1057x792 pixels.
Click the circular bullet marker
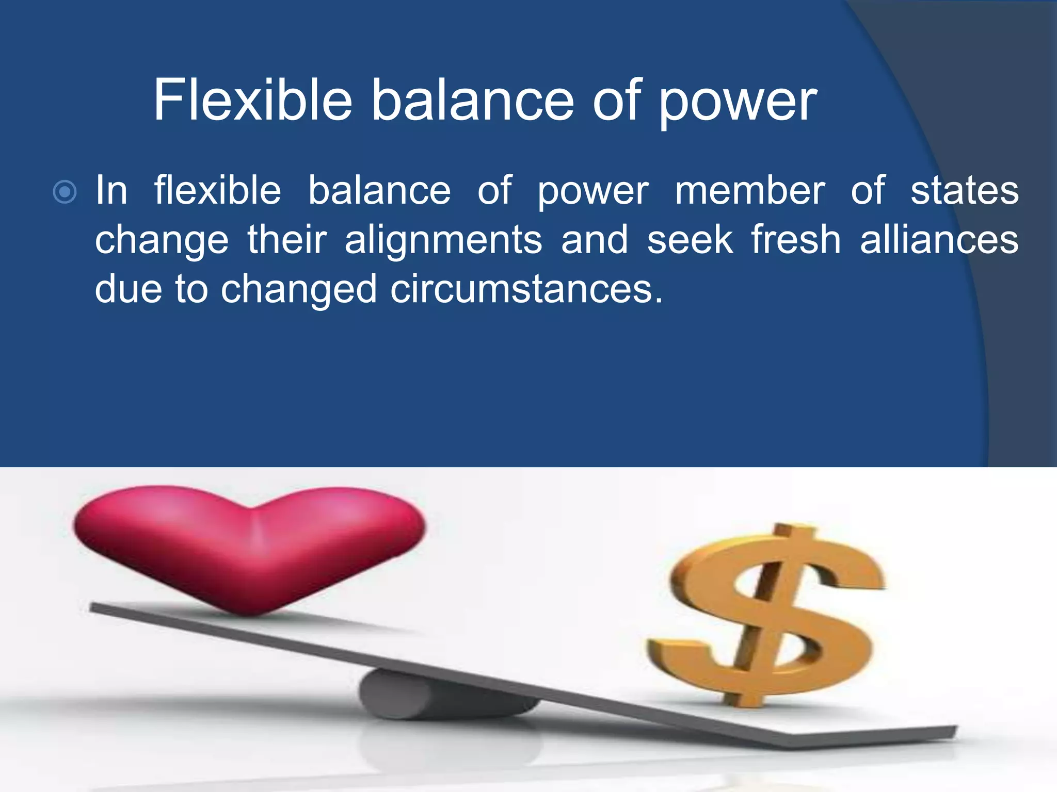[x=65, y=192]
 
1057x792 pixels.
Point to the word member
[x=750, y=190]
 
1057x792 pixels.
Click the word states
[x=964, y=190]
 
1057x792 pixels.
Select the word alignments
[x=443, y=241]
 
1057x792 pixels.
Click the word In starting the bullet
[x=111, y=190]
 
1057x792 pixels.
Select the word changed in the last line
[x=298, y=290]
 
